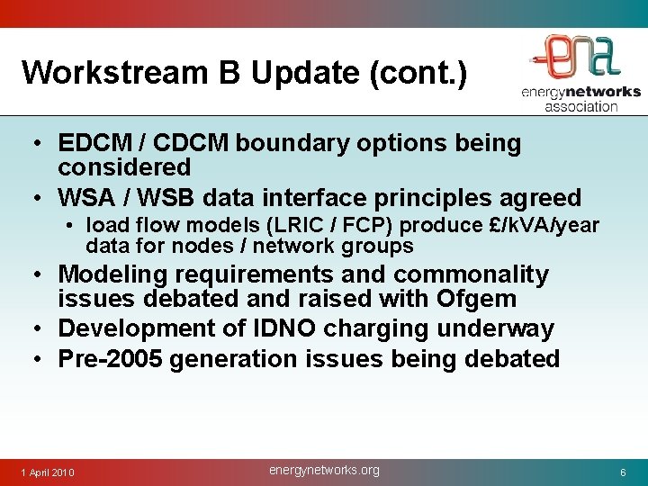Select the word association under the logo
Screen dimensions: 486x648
[580, 106]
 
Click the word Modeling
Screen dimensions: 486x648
[113, 274]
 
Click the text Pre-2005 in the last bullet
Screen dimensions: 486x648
[110, 359]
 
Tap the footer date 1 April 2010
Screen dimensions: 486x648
[48, 472]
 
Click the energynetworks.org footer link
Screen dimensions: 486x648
[324, 470]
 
